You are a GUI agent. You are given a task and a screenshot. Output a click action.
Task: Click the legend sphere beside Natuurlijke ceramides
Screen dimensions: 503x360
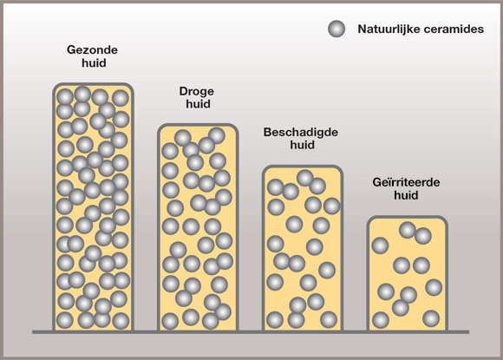coord(336,29)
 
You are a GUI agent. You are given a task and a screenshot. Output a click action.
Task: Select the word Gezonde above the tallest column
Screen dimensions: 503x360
coord(93,49)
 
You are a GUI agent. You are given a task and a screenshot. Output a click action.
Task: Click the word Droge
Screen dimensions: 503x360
coord(197,91)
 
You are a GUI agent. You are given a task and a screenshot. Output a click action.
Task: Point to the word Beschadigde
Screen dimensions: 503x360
coord(301,132)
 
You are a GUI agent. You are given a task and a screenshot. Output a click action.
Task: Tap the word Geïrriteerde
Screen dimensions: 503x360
coord(406,182)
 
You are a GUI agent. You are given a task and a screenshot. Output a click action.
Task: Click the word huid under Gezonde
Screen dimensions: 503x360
coord(94,62)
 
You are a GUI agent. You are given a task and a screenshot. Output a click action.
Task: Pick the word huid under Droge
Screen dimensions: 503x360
coord(199,104)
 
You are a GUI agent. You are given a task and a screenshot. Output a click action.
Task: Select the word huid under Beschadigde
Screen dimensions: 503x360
coord(302,145)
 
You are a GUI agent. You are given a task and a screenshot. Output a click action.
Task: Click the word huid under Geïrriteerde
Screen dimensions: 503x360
coord(406,195)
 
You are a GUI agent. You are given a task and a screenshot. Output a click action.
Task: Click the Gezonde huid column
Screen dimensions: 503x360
coord(93,207)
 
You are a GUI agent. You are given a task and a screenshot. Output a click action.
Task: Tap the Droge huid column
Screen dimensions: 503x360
coord(198,227)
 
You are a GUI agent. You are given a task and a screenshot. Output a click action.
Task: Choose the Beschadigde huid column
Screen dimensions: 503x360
coord(303,248)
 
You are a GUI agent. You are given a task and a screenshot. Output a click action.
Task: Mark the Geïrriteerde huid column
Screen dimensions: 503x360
coord(407,274)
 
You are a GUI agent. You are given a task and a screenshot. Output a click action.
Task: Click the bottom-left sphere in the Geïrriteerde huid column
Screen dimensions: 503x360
coord(381,320)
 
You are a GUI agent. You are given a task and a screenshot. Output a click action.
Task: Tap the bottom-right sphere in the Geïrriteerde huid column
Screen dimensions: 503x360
coord(431,318)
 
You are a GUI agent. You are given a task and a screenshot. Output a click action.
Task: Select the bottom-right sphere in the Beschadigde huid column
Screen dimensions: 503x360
coord(329,319)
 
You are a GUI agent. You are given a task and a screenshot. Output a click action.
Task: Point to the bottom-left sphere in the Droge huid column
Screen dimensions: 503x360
coord(170,321)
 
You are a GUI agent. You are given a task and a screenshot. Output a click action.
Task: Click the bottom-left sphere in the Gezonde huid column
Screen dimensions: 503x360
coord(65,320)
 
